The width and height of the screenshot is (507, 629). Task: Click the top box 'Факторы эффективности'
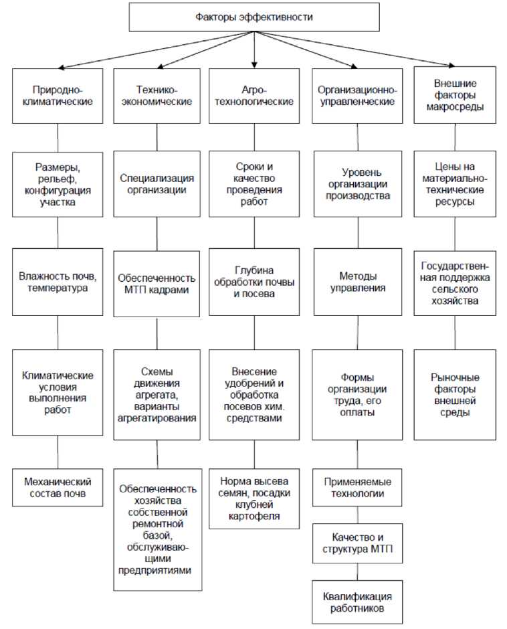click(254, 17)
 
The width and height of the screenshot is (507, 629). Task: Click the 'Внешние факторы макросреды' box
click(455, 94)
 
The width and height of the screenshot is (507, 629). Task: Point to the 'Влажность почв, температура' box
click(58, 282)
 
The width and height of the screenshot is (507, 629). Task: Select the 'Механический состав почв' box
click(58, 487)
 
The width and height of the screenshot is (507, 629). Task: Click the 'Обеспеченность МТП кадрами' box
click(157, 283)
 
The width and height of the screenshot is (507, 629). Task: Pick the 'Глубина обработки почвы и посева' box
click(254, 282)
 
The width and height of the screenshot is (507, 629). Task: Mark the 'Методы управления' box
click(357, 282)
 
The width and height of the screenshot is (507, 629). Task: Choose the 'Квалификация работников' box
click(357, 602)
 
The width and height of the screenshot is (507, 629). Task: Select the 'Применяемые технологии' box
click(357, 488)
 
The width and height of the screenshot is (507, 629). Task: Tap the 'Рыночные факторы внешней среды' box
click(455, 395)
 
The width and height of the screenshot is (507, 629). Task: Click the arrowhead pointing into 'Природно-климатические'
click(61, 68)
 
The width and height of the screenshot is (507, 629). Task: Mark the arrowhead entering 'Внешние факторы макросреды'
click(449, 67)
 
